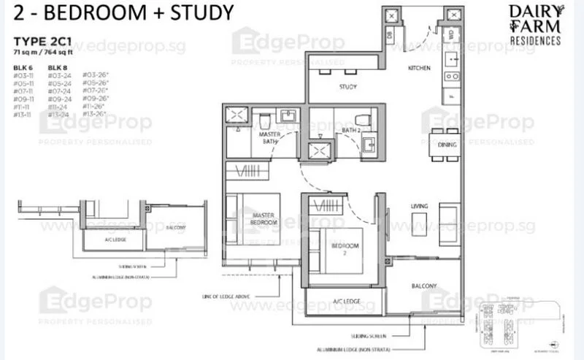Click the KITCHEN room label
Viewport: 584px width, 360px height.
419,68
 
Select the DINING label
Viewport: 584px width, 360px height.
447,145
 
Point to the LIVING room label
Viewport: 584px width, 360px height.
419,206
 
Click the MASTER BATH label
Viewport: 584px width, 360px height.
271,138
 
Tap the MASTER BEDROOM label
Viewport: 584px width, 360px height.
261,218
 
